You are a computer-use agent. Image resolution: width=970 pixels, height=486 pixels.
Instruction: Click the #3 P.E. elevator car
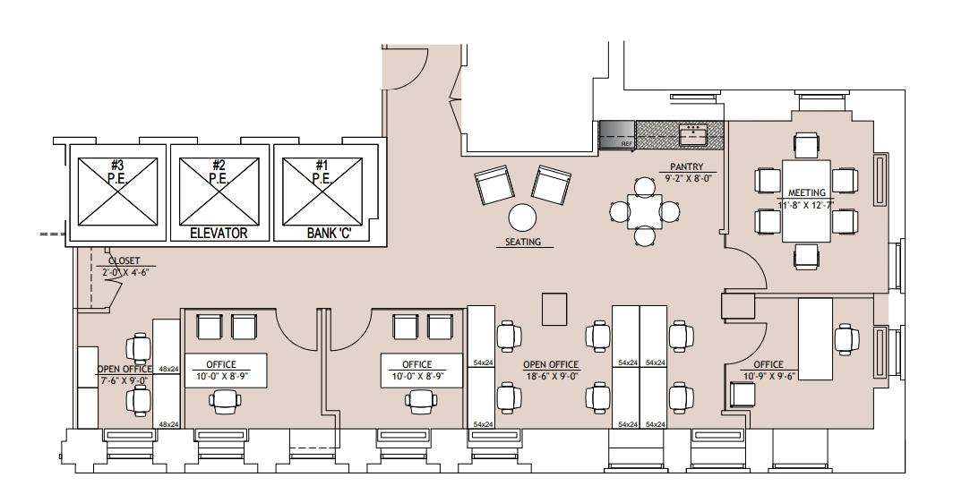click(x=117, y=192)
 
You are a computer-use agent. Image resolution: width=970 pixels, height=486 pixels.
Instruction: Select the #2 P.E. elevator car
click(x=219, y=192)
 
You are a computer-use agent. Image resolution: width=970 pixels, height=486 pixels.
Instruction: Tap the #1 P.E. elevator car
click(x=322, y=192)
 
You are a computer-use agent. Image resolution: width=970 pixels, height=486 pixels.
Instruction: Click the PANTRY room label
click(x=687, y=167)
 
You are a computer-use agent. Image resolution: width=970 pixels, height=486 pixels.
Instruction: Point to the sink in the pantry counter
click(x=693, y=135)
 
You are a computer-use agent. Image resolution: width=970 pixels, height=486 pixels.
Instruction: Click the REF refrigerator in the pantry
click(x=617, y=135)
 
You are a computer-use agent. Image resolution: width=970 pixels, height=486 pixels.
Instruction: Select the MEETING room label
click(x=807, y=193)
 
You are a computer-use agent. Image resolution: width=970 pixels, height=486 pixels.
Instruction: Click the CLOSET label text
click(x=124, y=261)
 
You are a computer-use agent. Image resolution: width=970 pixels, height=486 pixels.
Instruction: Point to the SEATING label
click(x=523, y=242)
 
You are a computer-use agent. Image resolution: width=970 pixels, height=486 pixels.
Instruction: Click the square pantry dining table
click(x=645, y=211)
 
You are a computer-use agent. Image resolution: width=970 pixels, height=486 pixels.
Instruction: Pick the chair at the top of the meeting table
click(x=807, y=145)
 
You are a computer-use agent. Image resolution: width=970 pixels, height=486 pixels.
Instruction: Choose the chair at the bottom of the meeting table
click(x=807, y=257)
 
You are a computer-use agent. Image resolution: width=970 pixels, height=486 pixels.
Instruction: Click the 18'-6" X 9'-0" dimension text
click(x=551, y=376)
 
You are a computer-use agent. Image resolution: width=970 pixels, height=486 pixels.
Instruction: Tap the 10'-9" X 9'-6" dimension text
click(x=768, y=376)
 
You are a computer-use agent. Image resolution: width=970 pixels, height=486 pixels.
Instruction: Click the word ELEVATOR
click(x=219, y=233)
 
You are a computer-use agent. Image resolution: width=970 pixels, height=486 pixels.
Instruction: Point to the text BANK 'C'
click(x=330, y=233)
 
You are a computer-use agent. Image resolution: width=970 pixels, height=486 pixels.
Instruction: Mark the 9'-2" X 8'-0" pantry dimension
click(x=688, y=178)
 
